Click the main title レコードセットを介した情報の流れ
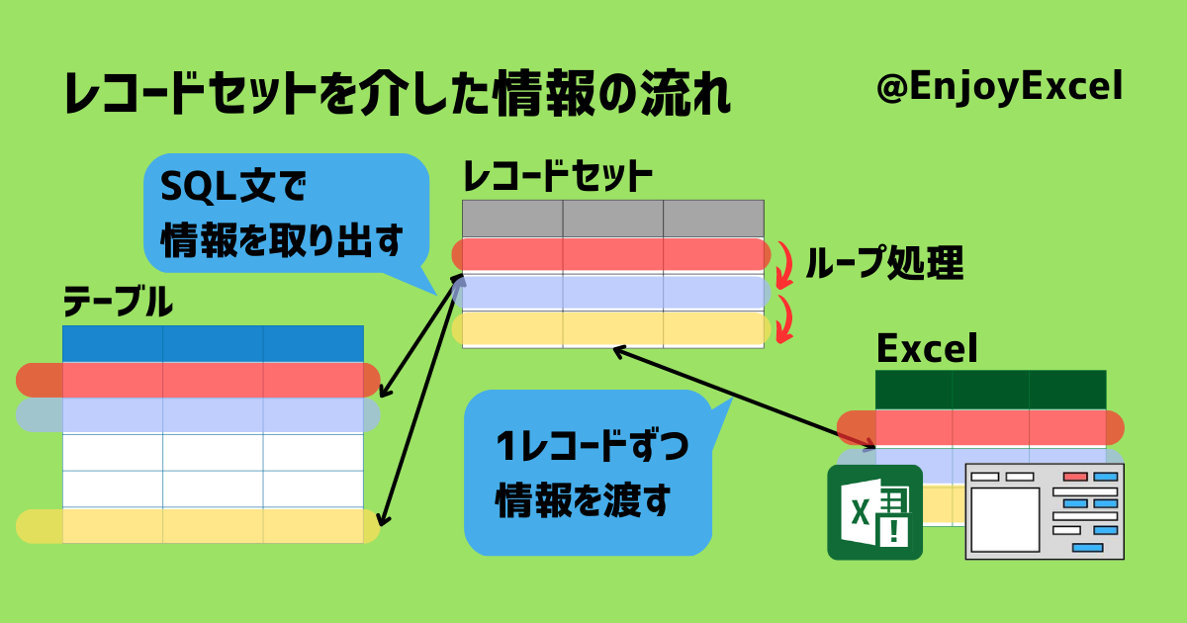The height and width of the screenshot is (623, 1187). click(x=398, y=94)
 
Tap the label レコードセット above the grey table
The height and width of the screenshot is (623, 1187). click(x=558, y=176)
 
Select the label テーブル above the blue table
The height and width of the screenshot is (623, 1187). click(x=118, y=302)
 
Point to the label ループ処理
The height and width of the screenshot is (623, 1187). click(x=884, y=262)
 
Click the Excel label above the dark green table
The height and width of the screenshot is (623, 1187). click(x=927, y=348)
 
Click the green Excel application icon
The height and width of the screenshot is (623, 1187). click(x=874, y=512)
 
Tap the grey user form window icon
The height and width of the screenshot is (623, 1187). click(x=1045, y=512)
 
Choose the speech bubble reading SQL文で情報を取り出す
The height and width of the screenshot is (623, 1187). click(x=286, y=214)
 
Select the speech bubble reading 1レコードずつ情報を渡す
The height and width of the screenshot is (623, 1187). click(x=588, y=473)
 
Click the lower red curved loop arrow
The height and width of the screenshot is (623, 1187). click(x=785, y=318)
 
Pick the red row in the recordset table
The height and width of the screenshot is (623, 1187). click(x=611, y=254)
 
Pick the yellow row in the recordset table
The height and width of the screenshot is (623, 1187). click(x=611, y=328)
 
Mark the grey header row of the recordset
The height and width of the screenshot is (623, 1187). click(x=613, y=219)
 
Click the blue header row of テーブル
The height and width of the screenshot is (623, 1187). click(x=213, y=344)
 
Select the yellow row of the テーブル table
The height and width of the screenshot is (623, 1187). click(x=198, y=526)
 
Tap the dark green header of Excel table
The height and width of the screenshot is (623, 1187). click(x=991, y=390)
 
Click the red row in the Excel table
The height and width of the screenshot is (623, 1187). click(x=980, y=427)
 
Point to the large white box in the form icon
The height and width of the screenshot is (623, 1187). click(x=1005, y=520)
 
